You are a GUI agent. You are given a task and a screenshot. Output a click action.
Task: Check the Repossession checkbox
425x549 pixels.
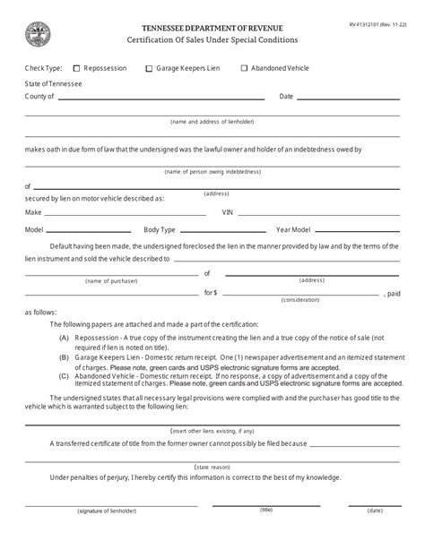[x=76, y=68]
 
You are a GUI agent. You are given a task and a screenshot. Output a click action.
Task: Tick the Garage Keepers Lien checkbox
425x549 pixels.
[x=149, y=68]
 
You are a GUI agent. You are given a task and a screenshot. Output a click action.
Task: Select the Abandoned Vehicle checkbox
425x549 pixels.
[x=243, y=68]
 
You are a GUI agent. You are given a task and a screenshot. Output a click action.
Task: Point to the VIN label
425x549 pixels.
[x=228, y=212]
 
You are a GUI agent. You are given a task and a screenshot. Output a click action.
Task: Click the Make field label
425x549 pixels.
[x=33, y=212]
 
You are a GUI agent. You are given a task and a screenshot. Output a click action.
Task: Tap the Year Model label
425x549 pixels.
[x=292, y=229]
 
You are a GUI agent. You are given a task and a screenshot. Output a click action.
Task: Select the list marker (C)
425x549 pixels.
[x=65, y=375]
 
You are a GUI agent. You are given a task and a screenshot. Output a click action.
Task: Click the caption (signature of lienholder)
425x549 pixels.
[x=90, y=535]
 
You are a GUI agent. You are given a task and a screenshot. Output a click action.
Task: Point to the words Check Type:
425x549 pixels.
[x=43, y=68]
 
